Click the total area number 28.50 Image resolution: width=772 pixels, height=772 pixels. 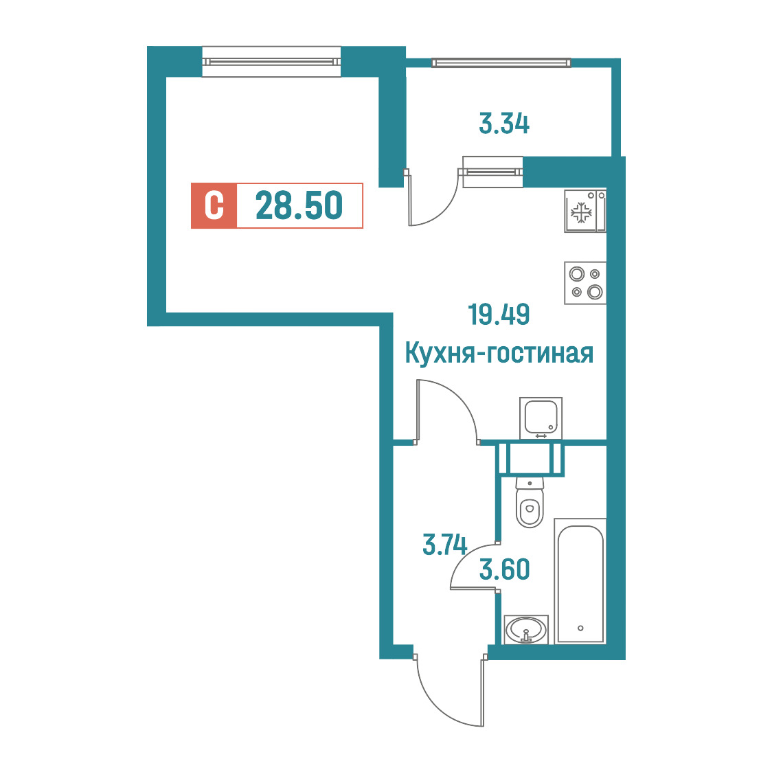299,206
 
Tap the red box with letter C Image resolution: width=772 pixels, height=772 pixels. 214,206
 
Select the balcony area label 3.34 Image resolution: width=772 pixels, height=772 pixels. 504,124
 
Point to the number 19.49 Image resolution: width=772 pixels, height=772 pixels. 499,315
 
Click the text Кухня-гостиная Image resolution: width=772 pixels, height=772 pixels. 499,354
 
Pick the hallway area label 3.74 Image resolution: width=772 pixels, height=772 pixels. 444,545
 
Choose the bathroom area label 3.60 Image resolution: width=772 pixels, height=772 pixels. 505,569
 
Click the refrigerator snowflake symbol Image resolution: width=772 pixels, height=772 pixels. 581,213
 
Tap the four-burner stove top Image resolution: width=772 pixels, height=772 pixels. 585,283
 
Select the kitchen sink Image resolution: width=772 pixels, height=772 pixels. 541,418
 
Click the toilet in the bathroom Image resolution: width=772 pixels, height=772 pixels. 530,502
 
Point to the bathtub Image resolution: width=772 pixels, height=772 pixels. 580,581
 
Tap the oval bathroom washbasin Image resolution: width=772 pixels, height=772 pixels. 526,630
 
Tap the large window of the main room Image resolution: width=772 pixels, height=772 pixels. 271,62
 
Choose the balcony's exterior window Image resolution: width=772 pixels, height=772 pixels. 501,63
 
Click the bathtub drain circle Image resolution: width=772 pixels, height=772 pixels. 580,628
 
